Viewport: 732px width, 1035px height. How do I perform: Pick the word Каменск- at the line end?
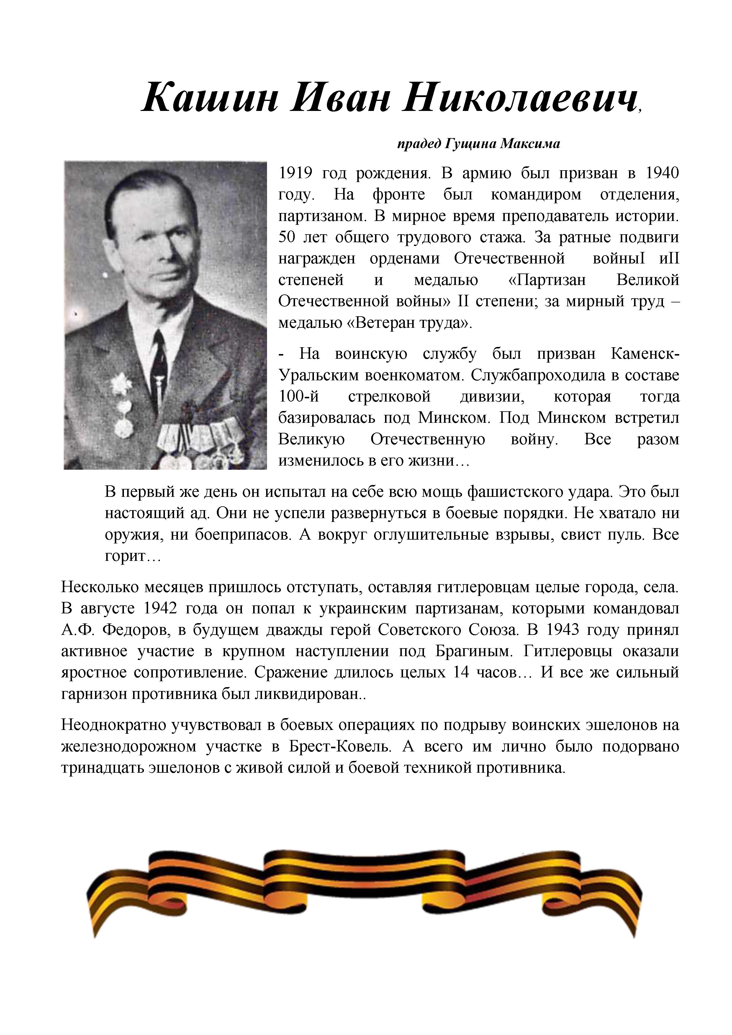click(x=645, y=354)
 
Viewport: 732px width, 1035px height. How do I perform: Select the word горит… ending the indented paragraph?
click(x=132, y=556)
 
